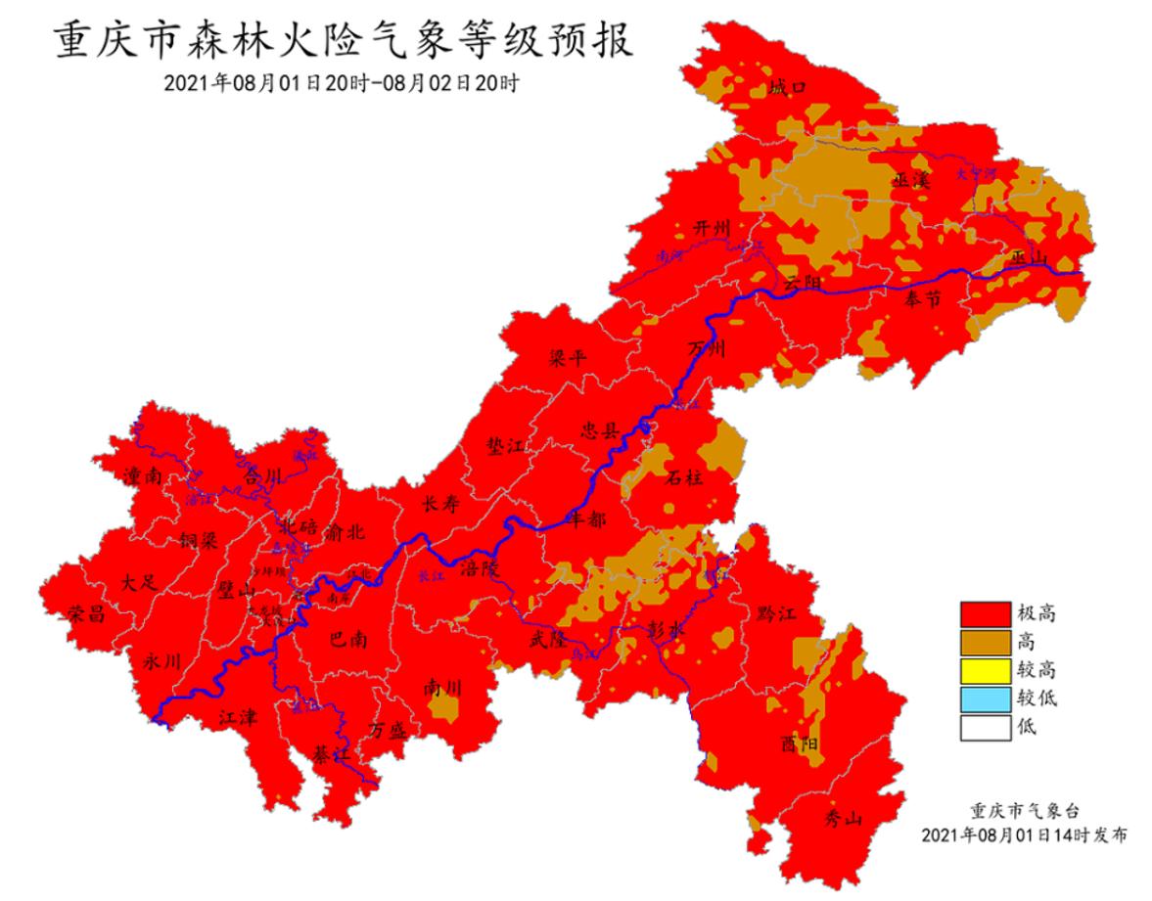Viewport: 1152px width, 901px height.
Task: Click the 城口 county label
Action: [787, 88]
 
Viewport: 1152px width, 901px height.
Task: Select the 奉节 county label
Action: [924, 299]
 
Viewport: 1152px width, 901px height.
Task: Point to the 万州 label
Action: [707, 349]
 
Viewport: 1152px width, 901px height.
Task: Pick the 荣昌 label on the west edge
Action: [86, 613]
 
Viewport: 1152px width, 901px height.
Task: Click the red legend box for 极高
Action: [984, 613]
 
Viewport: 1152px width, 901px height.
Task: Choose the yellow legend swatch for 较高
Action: [984, 670]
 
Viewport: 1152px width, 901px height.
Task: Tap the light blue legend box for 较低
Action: [984, 698]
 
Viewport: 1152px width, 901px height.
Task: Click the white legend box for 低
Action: [984, 727]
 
